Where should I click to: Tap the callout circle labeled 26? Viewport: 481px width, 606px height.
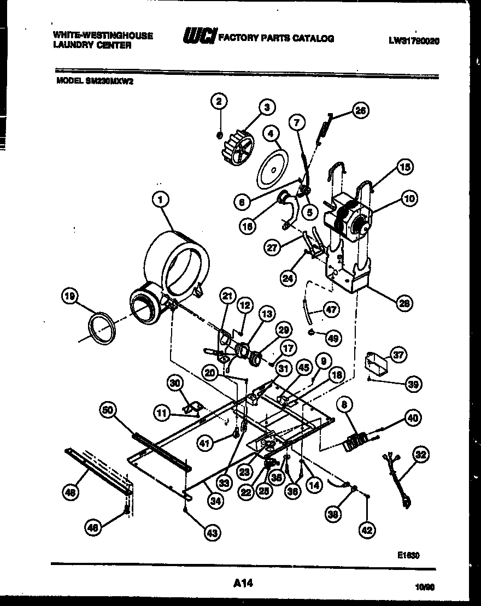pos(360,111)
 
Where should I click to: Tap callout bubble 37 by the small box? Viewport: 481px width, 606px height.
pos(398,355)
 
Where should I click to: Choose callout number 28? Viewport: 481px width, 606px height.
pos(405,303)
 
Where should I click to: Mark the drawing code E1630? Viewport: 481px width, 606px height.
pos(408,555)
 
